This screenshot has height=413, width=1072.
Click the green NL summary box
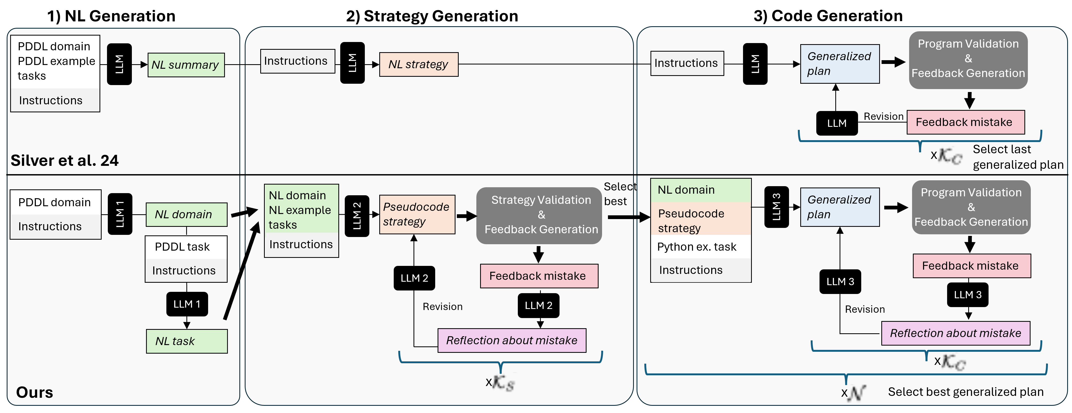click(x=186, y=65)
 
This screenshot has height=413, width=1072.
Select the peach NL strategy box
click(x=418, y=64)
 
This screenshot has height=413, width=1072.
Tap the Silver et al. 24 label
click(x=64, y=160)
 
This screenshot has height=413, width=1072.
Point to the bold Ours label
click(x=35, y=392)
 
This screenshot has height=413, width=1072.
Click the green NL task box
click(x=186, y=341)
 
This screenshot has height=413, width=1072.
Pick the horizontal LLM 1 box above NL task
click(x=187, y=304)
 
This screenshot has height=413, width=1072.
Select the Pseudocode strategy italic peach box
click(x=416, y=215)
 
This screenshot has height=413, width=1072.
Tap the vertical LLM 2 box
click(x=357, y=216)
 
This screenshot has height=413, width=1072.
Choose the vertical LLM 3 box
click(x=776, y=207)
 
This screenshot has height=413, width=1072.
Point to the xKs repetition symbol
click(x=501, y=382)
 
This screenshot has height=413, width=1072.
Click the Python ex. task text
click(x=697, y=247)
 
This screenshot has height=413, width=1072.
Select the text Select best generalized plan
click(x=966, y=392)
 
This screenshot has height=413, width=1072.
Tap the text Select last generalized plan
click(x=1017, y=157)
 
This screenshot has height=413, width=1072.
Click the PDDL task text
click(x=182, y=247)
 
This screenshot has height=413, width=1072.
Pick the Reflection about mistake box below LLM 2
click(x=511, y=341)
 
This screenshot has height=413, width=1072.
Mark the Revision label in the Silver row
click(x=883, y=117)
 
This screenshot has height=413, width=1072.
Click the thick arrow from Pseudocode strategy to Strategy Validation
click(x=466, y=216)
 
